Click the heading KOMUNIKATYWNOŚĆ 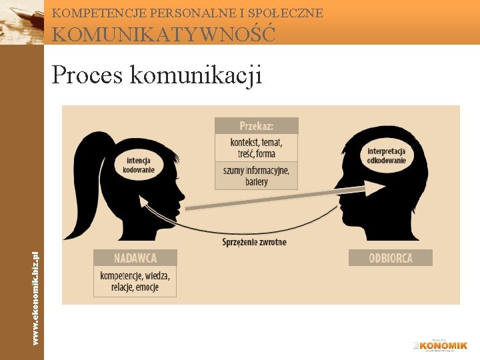point(163,33)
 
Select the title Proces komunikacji point(157,75)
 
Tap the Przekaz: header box point(256,125)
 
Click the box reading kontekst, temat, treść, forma point(256,147)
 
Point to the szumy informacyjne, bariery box point(256,176)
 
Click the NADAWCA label point(135,257)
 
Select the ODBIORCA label point(390,257)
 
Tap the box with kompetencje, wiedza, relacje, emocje point(135,281)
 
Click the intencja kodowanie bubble point(139,165)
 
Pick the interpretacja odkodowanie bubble point(386,154)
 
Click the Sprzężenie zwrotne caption point(254,242)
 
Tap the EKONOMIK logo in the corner point(440,345)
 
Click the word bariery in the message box point(256,182)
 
